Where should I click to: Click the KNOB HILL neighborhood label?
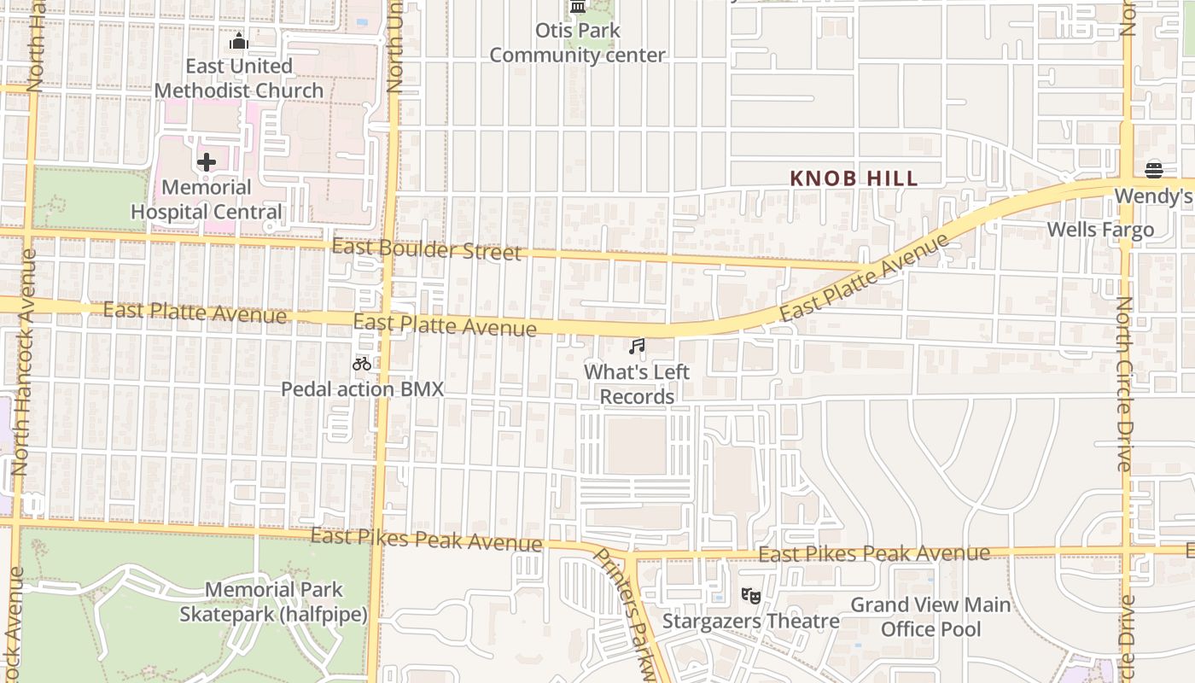tap(854, 178)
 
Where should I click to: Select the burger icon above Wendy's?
tap(1154, 170)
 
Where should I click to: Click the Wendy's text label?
tap(1153, 196)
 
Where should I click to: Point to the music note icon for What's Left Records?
tap(637, 347)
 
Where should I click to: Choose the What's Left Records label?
tap(637, 384)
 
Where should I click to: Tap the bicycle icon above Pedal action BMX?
tap(362, 364)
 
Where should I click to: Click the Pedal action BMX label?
tap(363, 389)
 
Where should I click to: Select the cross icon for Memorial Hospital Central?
tap(206, 162)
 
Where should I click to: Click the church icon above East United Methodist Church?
tap(239, 41)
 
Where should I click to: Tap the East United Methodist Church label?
tap(239, 79)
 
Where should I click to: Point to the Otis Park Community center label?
tap(577, 44)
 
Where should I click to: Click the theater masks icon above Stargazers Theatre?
tap(750, 595)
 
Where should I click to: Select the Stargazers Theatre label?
tap(750, 621)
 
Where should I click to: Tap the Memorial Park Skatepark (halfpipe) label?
tap(273, 602)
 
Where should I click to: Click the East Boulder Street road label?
tap(426, 249)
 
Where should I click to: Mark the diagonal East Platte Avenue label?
tap(864, 277)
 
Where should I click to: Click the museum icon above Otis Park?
tap(578, 7)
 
